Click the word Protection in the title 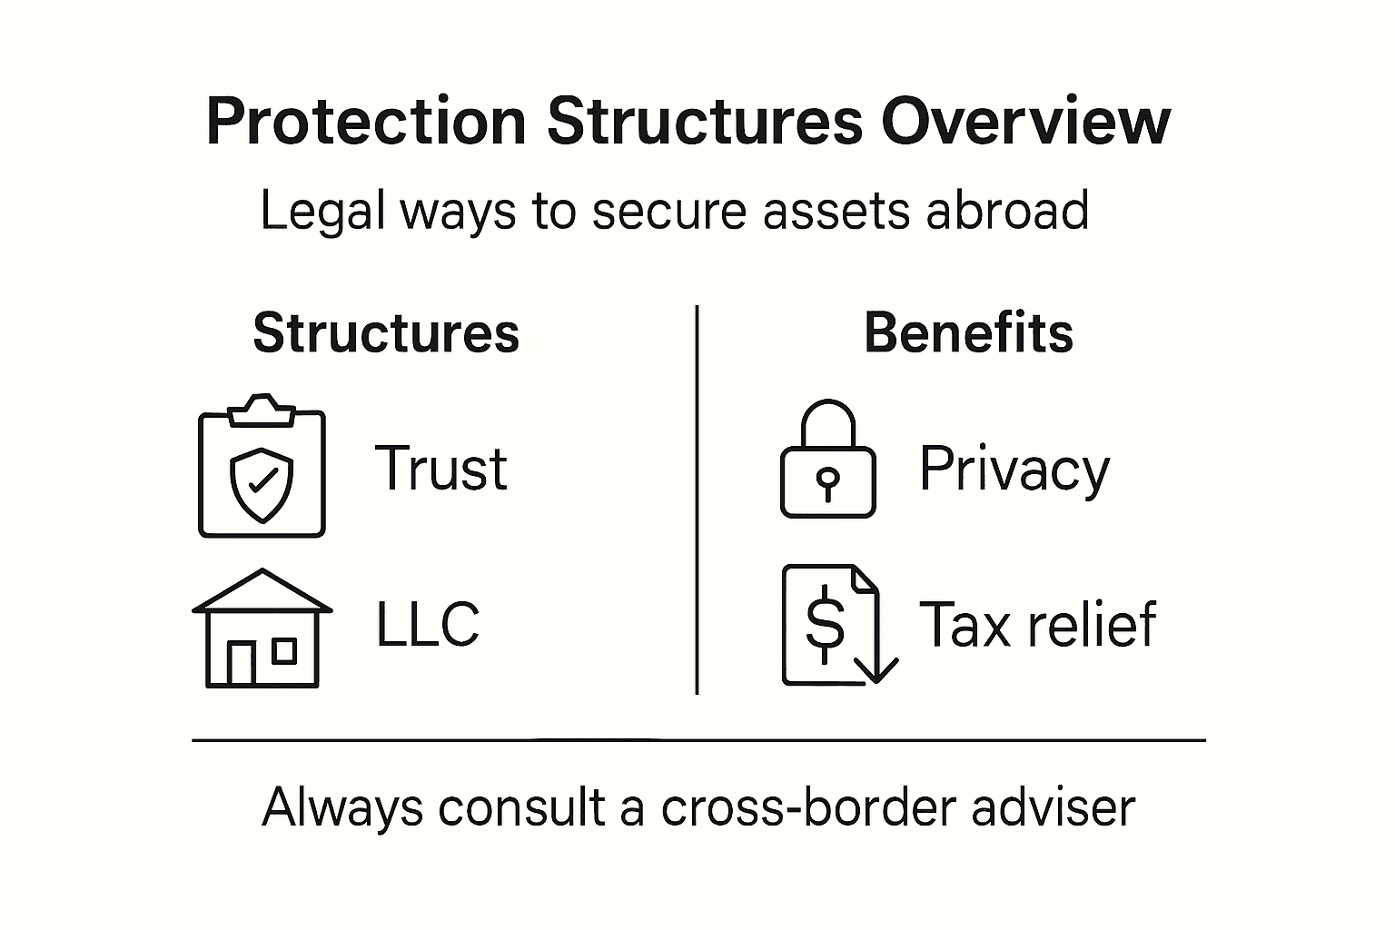[x=366, y=122]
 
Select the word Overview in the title [x=1026, y=122]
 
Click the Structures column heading [x=386, y=332]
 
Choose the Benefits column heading [x=968, y=332]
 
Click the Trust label [x=441, y=469]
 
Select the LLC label [x=428, y=624]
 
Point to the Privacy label [x=1014, y=470]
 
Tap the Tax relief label [x=1038, y=625]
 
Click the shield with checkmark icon [x=262, y=483]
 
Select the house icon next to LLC [x=262, y=628]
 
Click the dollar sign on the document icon [x=825, y=622]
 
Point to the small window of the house [x=285, y=650]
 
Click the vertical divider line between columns [x=697, y=500]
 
